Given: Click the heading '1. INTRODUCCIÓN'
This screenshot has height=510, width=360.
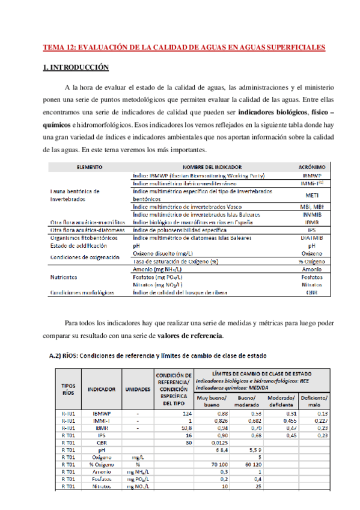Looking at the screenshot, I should [76, 68].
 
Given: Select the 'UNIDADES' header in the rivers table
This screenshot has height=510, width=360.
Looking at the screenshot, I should [137, 389].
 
